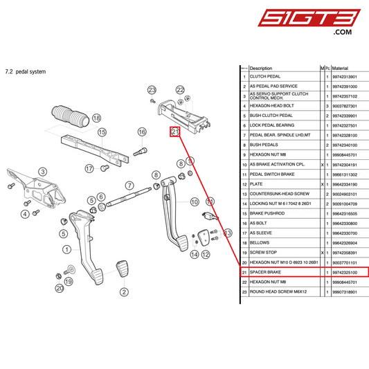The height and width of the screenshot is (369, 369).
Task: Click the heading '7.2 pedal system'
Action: tap(25, 71)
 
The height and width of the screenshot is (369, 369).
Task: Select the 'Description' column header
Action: tap(261, 69)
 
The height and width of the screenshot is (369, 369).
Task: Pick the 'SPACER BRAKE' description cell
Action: tap(266, 273)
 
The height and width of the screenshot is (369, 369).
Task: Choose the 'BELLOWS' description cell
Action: tap(260, 244)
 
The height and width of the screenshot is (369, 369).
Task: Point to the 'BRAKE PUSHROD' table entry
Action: tap(267, 214)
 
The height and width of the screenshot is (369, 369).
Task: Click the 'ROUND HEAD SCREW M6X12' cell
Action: tap(277, 293)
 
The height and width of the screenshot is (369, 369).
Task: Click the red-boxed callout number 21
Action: tap(175, 132)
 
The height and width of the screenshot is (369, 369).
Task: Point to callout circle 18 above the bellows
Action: tap(96, 118)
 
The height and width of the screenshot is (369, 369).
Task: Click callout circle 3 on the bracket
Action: tap(42, 172)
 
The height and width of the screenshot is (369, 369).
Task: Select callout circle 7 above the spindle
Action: tap(129, 186)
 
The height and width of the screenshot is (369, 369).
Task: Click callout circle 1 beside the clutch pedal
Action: tap(67, 249)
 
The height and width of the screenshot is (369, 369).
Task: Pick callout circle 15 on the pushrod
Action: tap(101, 132)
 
